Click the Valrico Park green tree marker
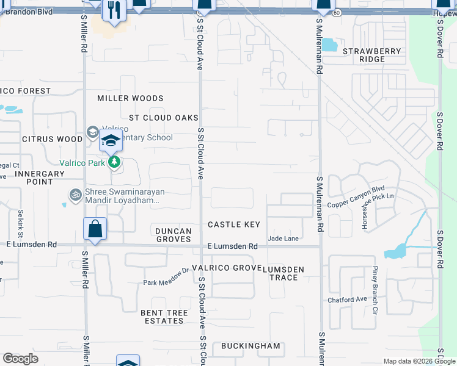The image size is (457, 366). pyautogui.click(x=114, y=162)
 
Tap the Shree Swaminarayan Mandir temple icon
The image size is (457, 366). pyautogui.click(x=75, y=194)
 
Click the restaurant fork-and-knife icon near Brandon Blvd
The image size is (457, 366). pyautogui.click(x=114, y=10)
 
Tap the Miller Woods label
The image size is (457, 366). pyautogui.click(x=130, y=98)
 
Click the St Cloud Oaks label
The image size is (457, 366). pyautogui.click(x=164, y=118)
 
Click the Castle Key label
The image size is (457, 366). pyautogui.click(x=234, y=224)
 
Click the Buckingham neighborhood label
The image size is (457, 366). pyautogui.click(x=250, y=346)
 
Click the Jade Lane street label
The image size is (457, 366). pyautogui.click(x=282, y=238)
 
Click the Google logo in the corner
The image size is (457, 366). pyautogui.click(x=20, y=359)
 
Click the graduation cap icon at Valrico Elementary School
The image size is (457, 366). pyautogui.click(x=111, y=142)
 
